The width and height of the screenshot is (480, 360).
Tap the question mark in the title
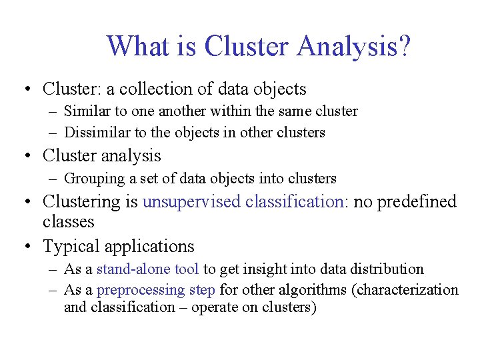[403, 46]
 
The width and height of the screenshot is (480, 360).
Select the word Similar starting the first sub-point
[85, 111]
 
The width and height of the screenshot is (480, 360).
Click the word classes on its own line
[69, 221]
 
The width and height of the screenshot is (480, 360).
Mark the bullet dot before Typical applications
[27, 247]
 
